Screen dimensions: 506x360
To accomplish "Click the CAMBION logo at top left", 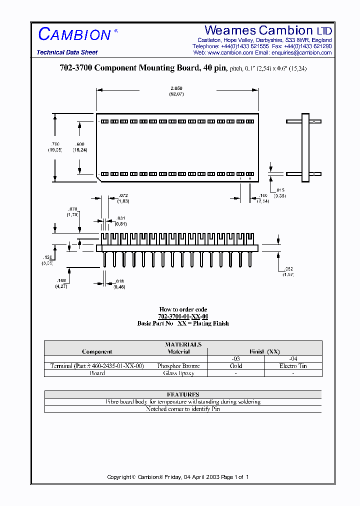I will click(74, 34).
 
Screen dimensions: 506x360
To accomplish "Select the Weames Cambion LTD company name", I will click(268, 30).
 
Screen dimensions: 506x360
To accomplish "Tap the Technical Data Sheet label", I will click(67, 52).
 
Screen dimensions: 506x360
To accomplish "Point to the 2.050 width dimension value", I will click(176, 88).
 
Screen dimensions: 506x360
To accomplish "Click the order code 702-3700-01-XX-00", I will click(183, 316).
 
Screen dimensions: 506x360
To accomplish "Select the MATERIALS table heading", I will click(183, 344).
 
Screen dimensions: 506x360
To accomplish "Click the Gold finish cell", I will click(236, 366).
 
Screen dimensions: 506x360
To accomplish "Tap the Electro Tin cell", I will click(293, 366).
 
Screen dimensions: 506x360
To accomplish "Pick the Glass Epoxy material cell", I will click(178, 373).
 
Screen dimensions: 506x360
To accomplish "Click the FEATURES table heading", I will click(183, 394).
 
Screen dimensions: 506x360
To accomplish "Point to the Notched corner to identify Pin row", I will click(183, 409).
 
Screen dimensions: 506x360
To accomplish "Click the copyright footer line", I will click(178, 477).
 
